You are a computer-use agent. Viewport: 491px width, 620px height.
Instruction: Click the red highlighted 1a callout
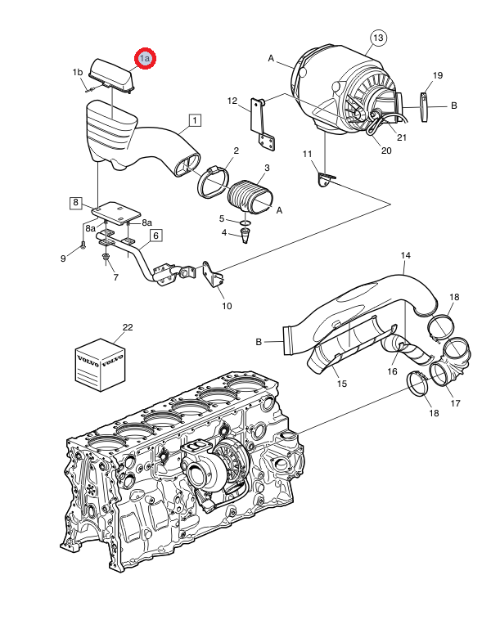[146, 59]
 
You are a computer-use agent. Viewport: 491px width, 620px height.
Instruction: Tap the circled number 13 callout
[377, 38]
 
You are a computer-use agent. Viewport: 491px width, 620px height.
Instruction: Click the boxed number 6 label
[155, 236]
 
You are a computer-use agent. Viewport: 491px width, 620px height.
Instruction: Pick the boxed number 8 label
[75, 202]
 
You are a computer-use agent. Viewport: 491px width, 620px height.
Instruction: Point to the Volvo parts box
[100, 362]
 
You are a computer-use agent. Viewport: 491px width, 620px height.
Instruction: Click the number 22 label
[127, 327]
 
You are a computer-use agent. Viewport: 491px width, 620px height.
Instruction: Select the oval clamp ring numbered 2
[217, 179]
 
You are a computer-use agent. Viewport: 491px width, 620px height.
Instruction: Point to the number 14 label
[405, 256]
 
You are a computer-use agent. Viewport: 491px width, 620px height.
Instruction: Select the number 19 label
[438, 75]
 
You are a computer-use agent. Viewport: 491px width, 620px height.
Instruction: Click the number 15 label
[342, 383]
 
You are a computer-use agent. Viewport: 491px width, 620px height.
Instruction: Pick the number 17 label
[456, 402]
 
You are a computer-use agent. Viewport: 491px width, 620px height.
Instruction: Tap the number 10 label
[227, 306]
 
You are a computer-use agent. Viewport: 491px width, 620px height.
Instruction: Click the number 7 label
[115, 277]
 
